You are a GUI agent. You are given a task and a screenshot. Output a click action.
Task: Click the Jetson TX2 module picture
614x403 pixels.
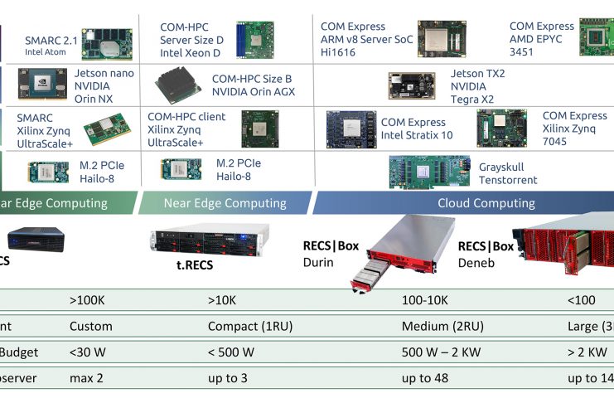click(x=413, y=85)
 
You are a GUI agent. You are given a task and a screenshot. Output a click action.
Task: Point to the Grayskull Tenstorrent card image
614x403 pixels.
click(x=429, y=172)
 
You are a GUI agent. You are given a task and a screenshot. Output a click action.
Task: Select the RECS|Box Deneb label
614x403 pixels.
click(x=486, y=254)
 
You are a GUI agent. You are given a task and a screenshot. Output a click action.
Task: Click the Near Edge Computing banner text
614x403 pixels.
click(x=225, y=203)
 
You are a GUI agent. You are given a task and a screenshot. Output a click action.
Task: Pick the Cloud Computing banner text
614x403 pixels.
click(x=486, y=203)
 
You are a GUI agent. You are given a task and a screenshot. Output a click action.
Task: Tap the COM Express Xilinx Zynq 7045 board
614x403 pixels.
click(x=502, y=129)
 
